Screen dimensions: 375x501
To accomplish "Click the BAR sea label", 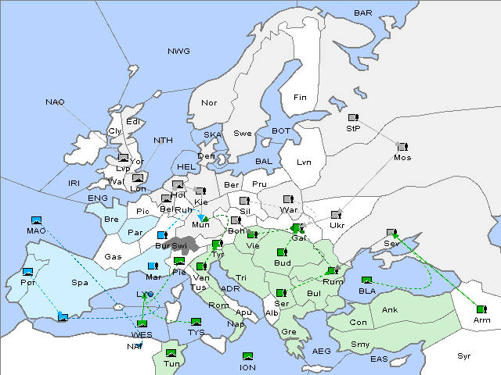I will pos(363,13).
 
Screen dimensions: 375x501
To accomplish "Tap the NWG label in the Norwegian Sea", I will pos(178,51).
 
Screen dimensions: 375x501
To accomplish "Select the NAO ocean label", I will pos(55,102).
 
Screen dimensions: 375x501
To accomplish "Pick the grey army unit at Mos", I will pos(402,147).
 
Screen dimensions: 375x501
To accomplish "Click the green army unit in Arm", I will pos(480,309).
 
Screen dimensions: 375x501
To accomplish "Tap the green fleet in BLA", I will pos(366,280).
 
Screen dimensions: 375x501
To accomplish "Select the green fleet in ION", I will pos(248,356).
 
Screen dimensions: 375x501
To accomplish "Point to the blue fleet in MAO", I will pos(35,220).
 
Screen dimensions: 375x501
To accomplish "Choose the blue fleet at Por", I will pos(28,272).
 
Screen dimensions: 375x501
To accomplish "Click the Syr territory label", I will pos(465,355).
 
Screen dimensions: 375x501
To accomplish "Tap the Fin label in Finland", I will pos(299,98).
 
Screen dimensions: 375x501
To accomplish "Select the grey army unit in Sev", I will pos(391,233).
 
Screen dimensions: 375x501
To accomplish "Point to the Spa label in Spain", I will pos(80,282).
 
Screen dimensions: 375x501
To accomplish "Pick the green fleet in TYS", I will pos(196,322).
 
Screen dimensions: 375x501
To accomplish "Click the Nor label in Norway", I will pos(209,103).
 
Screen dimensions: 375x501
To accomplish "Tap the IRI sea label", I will pos(74,183).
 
